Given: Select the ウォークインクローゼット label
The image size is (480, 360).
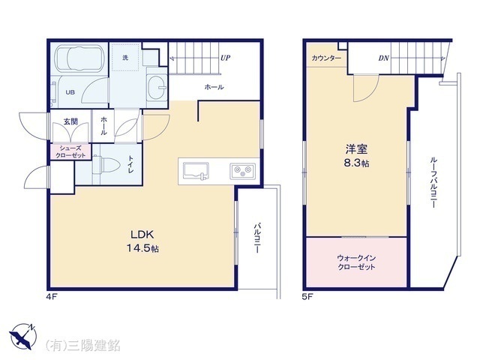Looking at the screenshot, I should point(356,262).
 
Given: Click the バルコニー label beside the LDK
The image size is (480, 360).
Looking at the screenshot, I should point(256,238).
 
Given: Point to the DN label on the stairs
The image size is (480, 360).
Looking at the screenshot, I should point(383,58).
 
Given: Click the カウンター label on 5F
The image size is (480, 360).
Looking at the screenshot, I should point(326,58).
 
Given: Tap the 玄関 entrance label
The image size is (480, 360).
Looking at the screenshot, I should point(70,121).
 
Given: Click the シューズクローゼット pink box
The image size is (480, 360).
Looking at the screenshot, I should point(70,151).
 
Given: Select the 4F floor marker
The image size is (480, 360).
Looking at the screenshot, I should point(50,296).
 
